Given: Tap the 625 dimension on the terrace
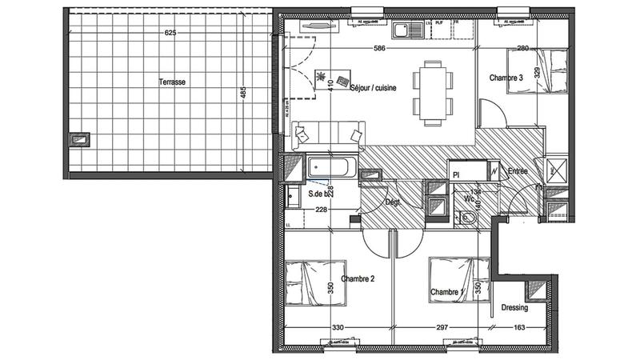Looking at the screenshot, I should tap(170, 33).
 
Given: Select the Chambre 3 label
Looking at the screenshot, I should tap(506, 78).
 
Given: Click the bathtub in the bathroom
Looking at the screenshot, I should tap(330, 169).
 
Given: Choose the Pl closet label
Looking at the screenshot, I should tap(456, 173).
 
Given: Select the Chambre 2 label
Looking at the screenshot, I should tap(358, 278).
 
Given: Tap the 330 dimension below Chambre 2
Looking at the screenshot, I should tap(338, 328).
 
